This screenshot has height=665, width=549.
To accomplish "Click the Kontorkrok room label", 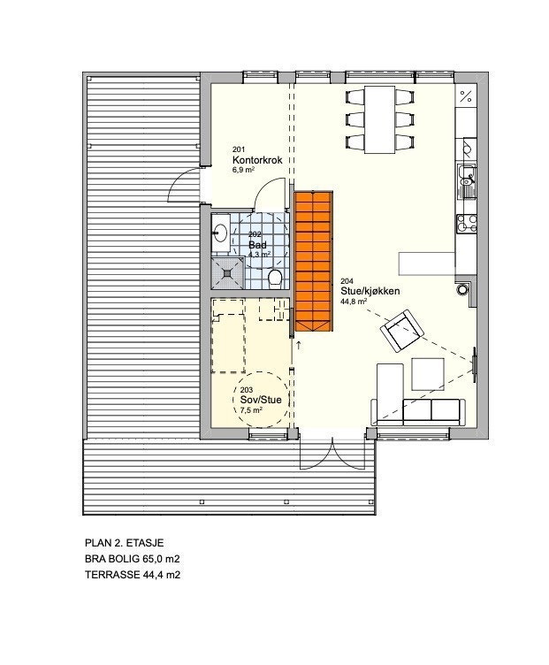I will (x=256, y=159).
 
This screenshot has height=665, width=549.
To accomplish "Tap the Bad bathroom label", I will (x=257, y=245).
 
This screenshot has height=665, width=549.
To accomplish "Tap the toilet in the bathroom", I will (x=275, y=279).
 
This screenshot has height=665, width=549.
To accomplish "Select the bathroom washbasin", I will (x=221, y=233).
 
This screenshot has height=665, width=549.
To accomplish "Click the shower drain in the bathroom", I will (x=230, y=272).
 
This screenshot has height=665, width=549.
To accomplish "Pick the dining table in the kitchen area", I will (x=383, y=118).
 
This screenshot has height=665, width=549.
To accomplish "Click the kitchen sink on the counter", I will (x=465, y=182).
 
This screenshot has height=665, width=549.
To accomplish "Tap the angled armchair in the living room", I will (x=402, y=331).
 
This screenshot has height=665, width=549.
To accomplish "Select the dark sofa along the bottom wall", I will (x=433, y=409).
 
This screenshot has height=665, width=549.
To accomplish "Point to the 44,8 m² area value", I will (x=354, y=301).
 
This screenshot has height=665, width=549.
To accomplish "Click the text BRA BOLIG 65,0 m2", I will (x=138, y=559).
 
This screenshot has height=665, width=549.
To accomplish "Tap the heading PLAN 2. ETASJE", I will (x=124, y=543).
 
